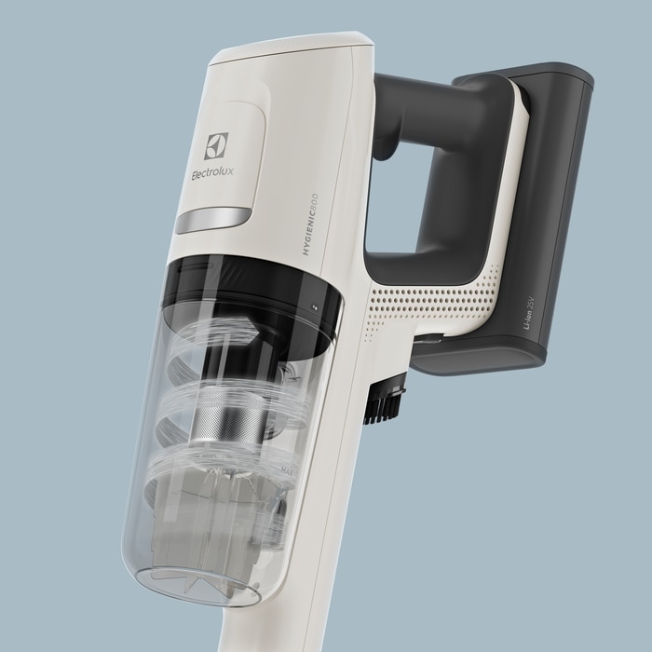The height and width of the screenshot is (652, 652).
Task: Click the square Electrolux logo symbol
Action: pyautogui.click(x=216, y=146)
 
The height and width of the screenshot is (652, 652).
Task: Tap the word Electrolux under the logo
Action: pyautogui.click(x=212, y=172)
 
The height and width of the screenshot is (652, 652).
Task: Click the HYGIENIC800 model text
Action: pyautogui.click(x=310, y=224)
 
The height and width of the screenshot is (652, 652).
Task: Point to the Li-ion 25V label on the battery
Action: pyautogui.click(x=528, y=314)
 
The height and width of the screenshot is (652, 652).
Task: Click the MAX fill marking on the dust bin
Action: pyautogui.click(x=287, y=471)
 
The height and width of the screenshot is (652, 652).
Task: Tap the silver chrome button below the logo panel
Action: pyautogui.click(x=213, y=220)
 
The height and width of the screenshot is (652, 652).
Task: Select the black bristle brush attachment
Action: pyautogui.click(x=385, y=403)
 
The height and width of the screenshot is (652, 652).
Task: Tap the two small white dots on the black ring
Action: pyautogui.click(x=315, y=308)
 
